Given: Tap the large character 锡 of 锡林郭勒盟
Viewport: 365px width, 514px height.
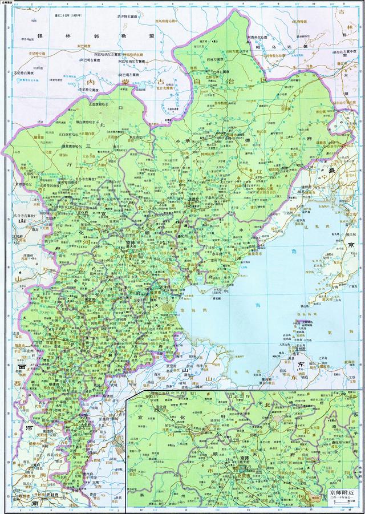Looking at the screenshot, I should pyautogui.click(x=39, y=35).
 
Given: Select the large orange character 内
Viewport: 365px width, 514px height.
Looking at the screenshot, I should pyautogui.click(x=90, y=83).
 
